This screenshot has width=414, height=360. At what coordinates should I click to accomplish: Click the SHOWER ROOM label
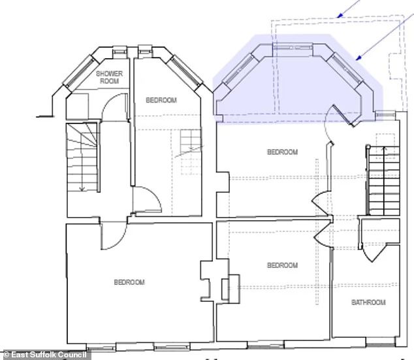coord(109,77)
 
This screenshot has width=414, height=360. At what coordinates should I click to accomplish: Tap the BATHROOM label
coord(368,302)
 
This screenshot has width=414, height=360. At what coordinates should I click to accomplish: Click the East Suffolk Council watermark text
coord(45,355)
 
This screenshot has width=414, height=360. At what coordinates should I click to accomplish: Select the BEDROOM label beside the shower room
coord(161,100)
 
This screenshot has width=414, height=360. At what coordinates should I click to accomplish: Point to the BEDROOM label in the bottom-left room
coord(129,282)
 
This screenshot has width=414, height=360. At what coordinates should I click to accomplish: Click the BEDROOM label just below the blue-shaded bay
coord(283,152)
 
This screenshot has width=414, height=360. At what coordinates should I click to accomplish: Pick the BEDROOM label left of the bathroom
coord(283,265)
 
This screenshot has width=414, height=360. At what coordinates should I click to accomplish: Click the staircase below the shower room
coord(82,158)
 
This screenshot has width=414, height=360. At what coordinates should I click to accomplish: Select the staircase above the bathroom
coord(383,180)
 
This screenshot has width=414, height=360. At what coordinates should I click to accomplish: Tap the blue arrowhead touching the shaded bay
coord(358,58)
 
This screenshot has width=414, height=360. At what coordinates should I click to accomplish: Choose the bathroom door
coord(372,254)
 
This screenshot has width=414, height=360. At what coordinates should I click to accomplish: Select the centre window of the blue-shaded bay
coord(293,48)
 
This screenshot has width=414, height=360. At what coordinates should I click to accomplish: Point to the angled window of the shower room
coord(80,72)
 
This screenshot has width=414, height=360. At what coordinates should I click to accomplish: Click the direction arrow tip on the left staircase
coord(82,190)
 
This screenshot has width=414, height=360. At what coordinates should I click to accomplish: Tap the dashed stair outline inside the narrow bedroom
coord(191,152)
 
